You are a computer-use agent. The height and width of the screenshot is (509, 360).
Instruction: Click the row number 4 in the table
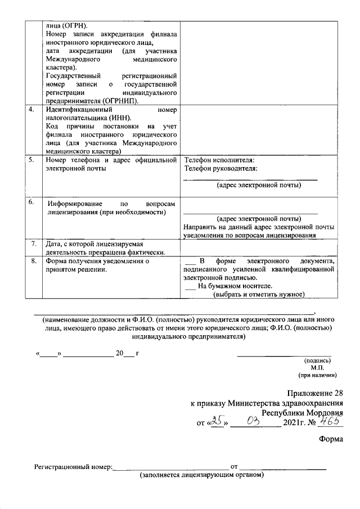point(31,109)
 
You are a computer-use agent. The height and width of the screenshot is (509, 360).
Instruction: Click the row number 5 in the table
point(31,160)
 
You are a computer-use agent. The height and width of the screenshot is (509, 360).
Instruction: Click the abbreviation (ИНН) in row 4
point(119,118)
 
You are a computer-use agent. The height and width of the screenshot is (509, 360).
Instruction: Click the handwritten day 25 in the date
point(217,422)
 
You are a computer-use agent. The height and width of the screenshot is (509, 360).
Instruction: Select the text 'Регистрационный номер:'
point(73,467)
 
